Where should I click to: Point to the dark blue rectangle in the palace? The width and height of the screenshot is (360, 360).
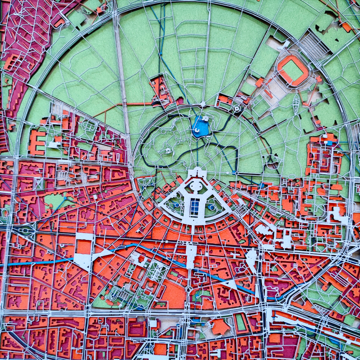(194, 207)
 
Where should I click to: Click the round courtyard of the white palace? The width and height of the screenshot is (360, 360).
(196, 187)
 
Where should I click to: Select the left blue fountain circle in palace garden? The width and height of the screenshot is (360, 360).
(176, 205)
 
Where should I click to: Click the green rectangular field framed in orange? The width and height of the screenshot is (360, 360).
(240, 322)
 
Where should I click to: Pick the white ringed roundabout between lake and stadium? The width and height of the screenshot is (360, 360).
(237, 108)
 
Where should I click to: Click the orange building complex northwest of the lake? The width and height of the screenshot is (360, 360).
(160, 90)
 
